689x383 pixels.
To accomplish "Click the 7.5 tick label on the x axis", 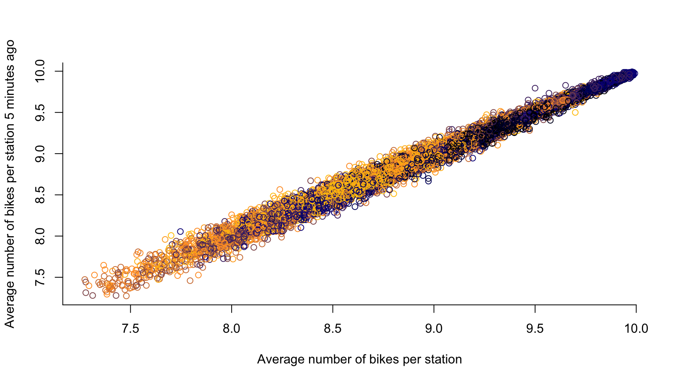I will (130, 328).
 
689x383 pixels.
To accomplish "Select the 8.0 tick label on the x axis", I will (232, 328).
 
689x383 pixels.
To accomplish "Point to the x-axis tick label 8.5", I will (333, 328).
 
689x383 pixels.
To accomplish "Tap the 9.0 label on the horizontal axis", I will (434, 328).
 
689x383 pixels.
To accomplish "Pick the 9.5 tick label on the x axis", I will (535, 328).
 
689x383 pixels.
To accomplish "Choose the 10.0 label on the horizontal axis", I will (636, 328).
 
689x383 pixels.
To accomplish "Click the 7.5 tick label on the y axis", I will (41, 277).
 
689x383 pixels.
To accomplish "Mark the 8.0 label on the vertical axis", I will (41, 236).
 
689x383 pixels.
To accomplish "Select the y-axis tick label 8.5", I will (41, 195).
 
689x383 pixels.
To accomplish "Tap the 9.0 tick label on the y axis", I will (41, 154).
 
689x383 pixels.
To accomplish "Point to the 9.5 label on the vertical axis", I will (41, 113).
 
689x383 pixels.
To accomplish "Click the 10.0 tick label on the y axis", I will (41, 71).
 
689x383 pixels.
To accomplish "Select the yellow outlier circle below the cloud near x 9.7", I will (575, 113).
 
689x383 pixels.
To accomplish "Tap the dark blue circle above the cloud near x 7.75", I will (180, 231).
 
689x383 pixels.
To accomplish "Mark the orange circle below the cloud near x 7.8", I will (190, 281).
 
